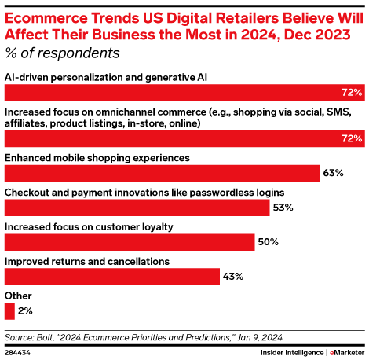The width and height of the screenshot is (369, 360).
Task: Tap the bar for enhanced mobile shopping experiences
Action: pos(162,173)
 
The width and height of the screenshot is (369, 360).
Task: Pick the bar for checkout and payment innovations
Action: pos(137,208)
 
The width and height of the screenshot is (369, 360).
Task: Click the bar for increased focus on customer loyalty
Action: pos(130,241)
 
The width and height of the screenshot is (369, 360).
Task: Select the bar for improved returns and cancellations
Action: pos(112,276)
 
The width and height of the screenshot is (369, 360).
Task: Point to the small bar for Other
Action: pos(9,310)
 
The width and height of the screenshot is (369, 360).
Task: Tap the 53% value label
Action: pos(283,208)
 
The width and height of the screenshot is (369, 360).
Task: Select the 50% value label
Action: pos(269,241)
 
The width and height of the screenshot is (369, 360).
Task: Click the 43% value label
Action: pos(233,276)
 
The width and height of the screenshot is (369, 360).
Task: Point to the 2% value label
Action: pos(25,310)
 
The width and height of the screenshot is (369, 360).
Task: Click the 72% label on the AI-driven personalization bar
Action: pos(353,92)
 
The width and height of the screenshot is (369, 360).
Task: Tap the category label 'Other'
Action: pos(19,295)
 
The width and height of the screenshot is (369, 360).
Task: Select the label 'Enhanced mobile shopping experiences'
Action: pos(98,157)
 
